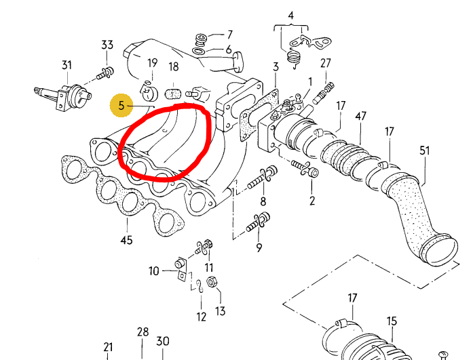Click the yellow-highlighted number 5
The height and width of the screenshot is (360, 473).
coord(121,106)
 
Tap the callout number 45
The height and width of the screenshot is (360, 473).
coord(126,240)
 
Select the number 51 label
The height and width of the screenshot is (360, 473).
coord(424,151)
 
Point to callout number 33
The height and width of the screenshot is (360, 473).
coord(107,45)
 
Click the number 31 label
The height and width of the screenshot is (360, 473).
coord(67,65)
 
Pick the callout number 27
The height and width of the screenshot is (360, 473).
coord(326,63)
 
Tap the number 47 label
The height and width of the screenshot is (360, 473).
coord(361,116)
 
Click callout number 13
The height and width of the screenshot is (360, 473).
coord(221,311)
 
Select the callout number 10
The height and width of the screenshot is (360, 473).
coord(153,271)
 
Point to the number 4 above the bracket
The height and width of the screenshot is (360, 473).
coord(291,15)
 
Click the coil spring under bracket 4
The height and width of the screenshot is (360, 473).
coord(292,58)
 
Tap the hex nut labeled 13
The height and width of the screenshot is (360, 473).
coord(211,282)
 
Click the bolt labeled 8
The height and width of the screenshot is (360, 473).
coord(262,178)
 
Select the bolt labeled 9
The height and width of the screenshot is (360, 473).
coord(259,222)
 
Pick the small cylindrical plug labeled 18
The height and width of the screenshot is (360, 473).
coord(173,94)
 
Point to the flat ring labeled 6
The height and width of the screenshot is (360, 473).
coord(198,51)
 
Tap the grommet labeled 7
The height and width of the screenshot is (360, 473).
coord(201,39)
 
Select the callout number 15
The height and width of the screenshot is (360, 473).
coord(392,321)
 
